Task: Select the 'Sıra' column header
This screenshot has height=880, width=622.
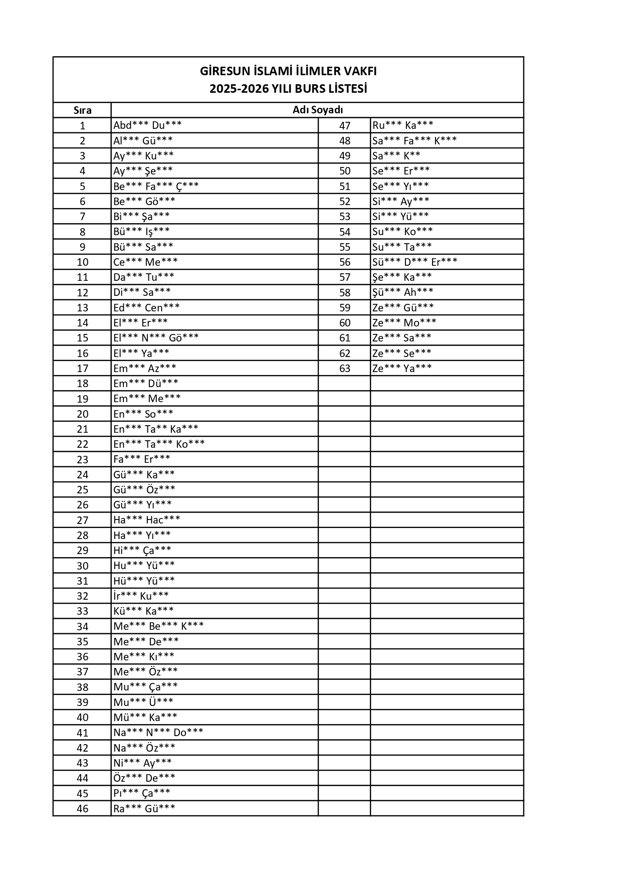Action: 82,110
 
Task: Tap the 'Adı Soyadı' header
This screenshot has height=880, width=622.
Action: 317,110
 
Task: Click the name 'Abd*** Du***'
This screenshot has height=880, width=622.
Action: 147,125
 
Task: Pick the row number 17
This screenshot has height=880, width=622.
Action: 82,369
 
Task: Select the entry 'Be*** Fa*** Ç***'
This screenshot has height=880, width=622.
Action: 156,186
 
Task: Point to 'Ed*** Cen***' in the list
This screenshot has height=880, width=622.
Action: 146,307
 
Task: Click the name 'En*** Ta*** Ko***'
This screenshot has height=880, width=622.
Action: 159,444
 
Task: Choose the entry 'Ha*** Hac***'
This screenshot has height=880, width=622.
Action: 146,520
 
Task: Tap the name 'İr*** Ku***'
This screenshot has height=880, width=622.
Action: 141,596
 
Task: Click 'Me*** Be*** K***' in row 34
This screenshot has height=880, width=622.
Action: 158,626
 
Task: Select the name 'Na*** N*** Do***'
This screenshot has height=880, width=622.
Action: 158,733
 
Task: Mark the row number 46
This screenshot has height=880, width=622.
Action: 82,808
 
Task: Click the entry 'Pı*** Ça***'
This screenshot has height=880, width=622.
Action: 142,793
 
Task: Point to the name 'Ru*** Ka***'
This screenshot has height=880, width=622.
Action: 402,125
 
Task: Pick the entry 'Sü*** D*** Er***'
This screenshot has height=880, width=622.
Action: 414,262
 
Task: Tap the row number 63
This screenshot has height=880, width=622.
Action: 345,369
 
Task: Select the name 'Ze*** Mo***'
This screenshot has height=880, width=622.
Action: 404,322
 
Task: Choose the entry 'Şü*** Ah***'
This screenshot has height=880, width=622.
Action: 402,292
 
